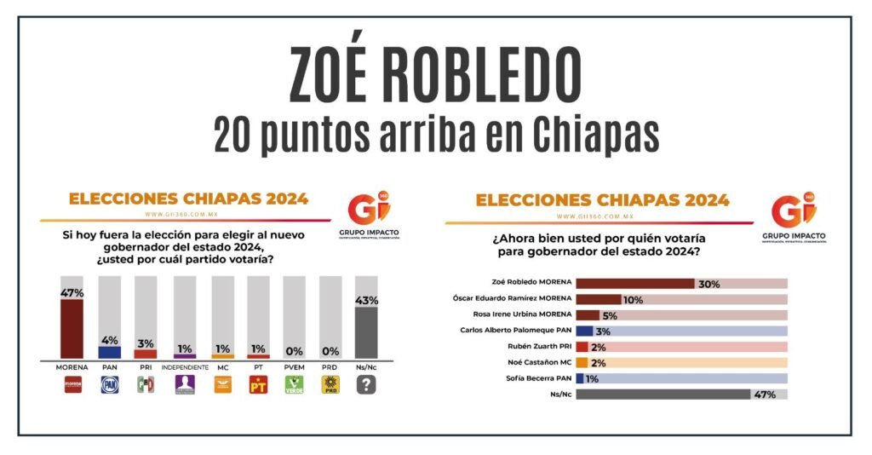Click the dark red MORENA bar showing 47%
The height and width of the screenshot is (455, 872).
pyautogui.click(x=71, y=328)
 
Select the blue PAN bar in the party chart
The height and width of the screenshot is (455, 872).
pyautogui.click(x=110, y=351)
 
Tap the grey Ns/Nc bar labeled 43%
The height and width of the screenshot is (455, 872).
pyautogui.click(x=366, y=332)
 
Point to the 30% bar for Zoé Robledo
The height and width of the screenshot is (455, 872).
pyautogui.click(x=635, y=284)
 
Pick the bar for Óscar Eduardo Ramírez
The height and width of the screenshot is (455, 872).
pyautogui.click(x=599, y=299)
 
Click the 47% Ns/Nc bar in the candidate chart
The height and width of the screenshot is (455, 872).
pyautogui.click(x=663, y=395)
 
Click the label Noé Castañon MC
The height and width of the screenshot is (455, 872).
pyautogui.click(x=537, y=362)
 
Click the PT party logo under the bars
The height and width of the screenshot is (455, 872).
pyautogui.click(x=258, y=384)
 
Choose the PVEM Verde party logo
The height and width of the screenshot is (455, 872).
pyautogui.click(x=294, y=384)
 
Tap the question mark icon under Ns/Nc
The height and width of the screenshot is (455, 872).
pyautogui.click(x=367, y=384)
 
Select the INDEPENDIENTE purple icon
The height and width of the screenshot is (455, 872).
pyautogui.click(x=184, y=384)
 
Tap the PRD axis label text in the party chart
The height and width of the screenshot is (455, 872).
pyautogui.click(x=330, y=367)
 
